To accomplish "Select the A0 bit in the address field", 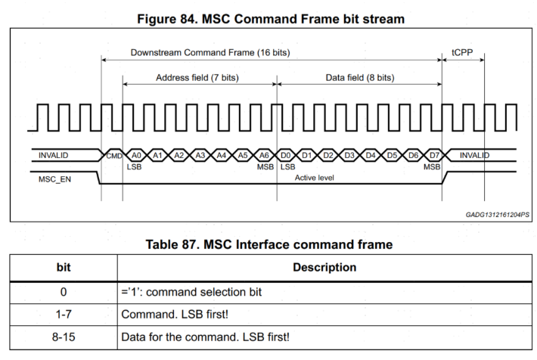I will tap(135, 155).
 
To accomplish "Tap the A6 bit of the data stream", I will tap(264, 155).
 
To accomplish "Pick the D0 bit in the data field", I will tap(286, 155).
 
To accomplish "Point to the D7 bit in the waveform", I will tap(433, 155).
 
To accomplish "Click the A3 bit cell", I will tap(200, 155).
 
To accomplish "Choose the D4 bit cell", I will tap(371, 155).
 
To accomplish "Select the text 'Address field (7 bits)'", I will tap(198, 78).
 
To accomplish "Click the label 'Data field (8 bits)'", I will tap(360, 78).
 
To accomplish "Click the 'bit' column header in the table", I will tap(64, 267).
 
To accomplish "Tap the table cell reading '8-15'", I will tap(64, 337).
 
